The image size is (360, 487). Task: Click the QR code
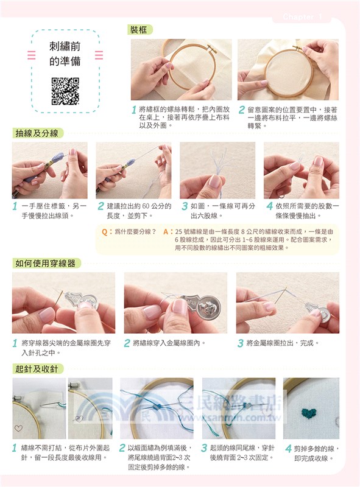point(65,91)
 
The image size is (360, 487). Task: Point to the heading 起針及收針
point(38,368)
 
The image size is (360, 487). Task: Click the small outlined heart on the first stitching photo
point(18,429)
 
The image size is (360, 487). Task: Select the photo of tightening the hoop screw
point(288,70)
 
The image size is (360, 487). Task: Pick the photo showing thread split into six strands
point(217,170)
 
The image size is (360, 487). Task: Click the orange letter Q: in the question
point(107,232)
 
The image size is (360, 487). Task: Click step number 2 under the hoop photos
point(241,110)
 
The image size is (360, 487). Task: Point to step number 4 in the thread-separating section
point(269,206)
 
